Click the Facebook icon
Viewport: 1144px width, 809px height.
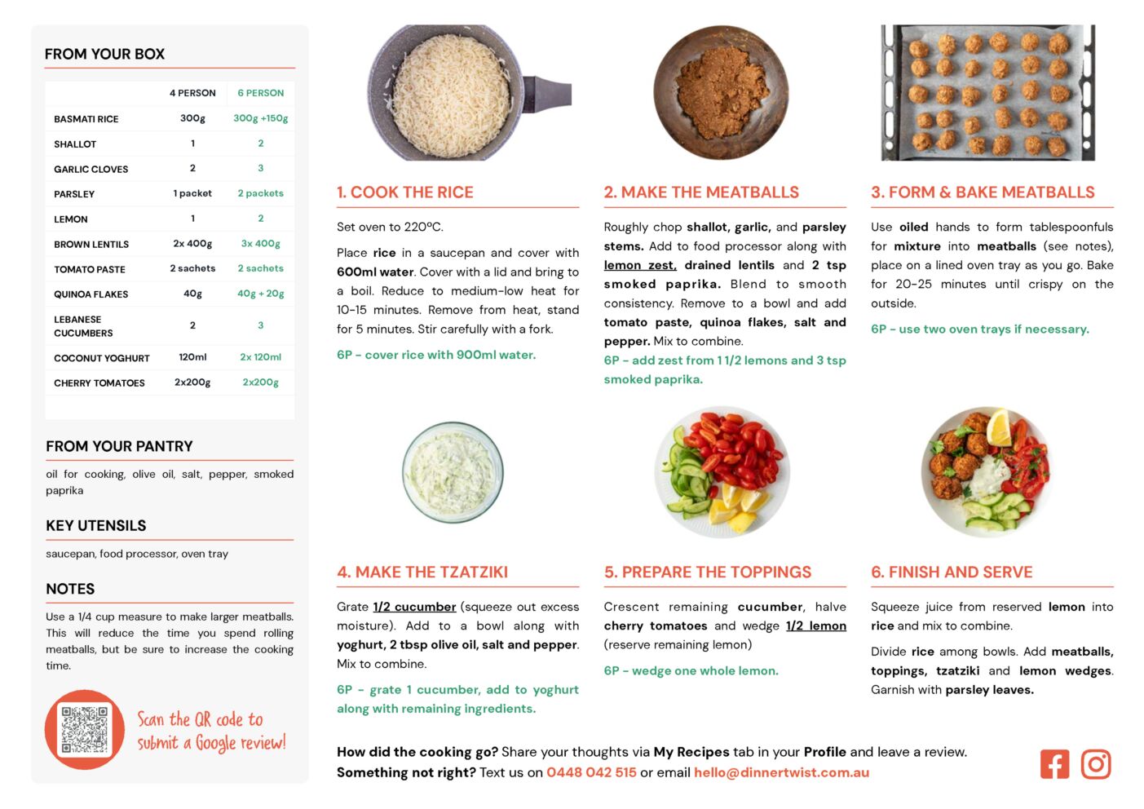[1054, 764]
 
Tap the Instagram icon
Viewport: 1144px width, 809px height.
[1096, 764]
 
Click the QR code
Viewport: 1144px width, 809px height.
[85, 729]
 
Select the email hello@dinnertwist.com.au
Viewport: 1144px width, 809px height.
[781, 772]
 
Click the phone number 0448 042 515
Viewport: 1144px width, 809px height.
[591, 772]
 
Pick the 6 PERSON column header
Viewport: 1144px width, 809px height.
[260, 93]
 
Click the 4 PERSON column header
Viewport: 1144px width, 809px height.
[192, 93]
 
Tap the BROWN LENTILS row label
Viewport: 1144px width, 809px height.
[91, 244]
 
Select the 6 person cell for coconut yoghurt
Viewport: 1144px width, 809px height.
[260, 357]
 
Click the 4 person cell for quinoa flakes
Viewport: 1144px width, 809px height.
[192, 294]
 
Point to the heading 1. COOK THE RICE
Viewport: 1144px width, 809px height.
[405, 192]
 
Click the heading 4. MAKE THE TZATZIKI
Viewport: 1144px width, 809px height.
[422, 572]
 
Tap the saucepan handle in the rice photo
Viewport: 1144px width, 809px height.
[547, 92]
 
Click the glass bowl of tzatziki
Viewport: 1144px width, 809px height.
[453, 472]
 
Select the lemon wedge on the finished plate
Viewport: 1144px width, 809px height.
[998, 427]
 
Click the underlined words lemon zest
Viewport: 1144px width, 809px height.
[640, 265]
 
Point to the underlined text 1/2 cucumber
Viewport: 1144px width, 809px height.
[414, 607]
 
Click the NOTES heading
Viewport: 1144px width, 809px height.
[70, 589]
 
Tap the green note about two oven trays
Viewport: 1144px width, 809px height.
[979, 329]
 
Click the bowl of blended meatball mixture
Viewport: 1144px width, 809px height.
[721, 92]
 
